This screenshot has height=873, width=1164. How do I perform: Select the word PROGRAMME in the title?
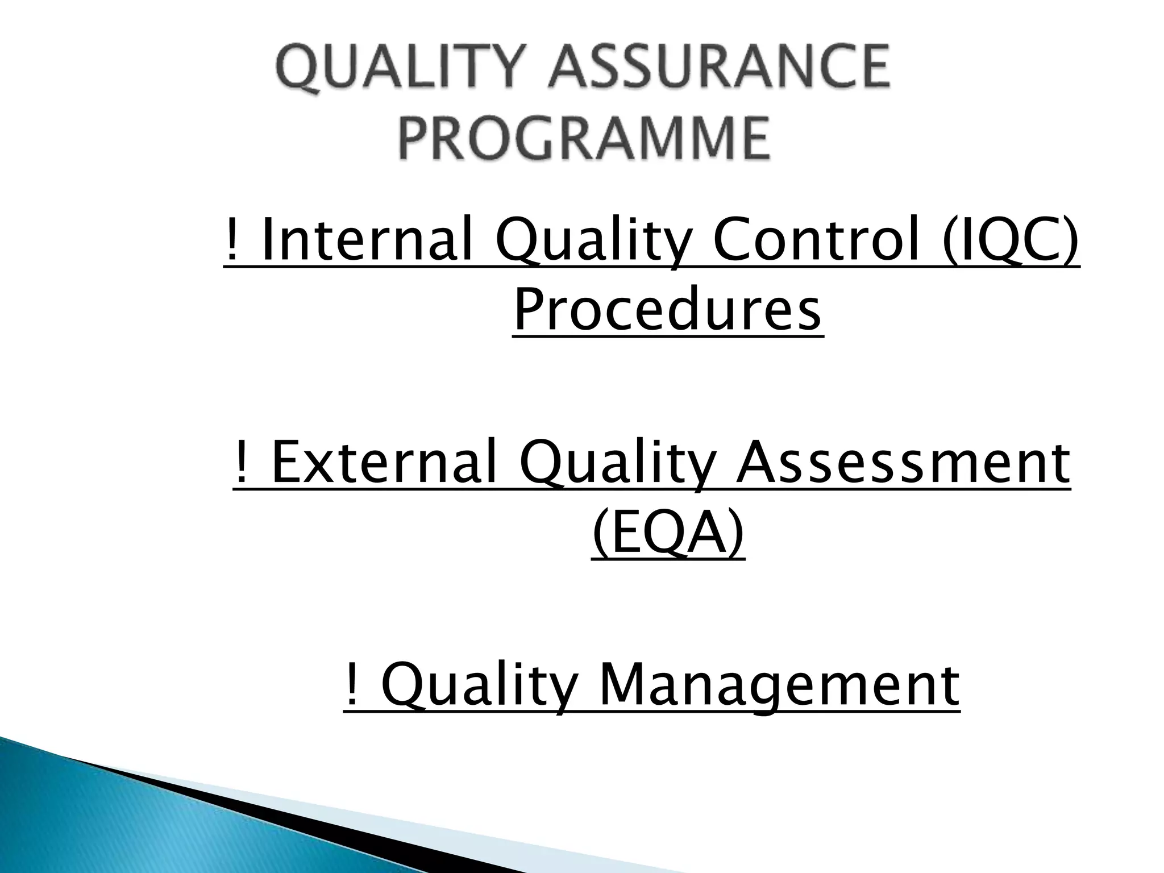pos(585,138)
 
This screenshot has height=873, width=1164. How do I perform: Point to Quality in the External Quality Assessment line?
pos(616,465)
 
